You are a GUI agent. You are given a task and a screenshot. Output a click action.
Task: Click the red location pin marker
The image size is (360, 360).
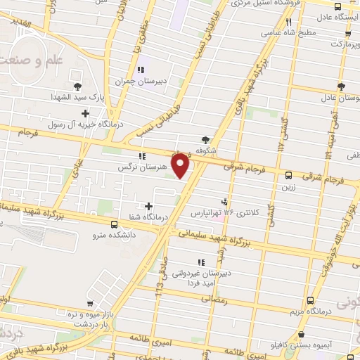click(x=181, y=165)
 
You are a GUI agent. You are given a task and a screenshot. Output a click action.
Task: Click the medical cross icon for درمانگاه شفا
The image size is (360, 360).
click(x=148, y=206)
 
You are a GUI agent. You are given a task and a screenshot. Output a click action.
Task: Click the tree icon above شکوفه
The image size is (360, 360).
click(x=205, y=140)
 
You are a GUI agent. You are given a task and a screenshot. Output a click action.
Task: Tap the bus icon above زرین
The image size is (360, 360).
click(x=288, y=175)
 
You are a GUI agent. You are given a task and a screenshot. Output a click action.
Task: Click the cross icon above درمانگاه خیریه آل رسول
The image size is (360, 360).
click(x=86, y=112)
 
